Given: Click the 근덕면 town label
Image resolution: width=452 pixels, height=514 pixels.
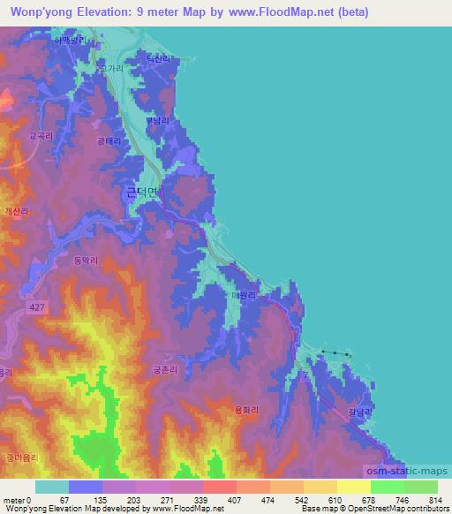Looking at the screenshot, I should pyautogui.click(x=140, y=191).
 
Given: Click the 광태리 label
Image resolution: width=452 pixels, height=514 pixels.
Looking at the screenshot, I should pyautogui.click(x=109, y=140).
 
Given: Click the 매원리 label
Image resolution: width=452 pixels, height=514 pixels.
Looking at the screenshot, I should pyautogui.click(x=243, y=296).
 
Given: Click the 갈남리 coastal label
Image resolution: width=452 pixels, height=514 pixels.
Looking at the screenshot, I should pyautogui.click(x=360, y=412).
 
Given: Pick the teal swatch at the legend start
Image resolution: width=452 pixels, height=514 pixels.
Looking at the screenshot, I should pyautogui.click(x=52, y=487).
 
